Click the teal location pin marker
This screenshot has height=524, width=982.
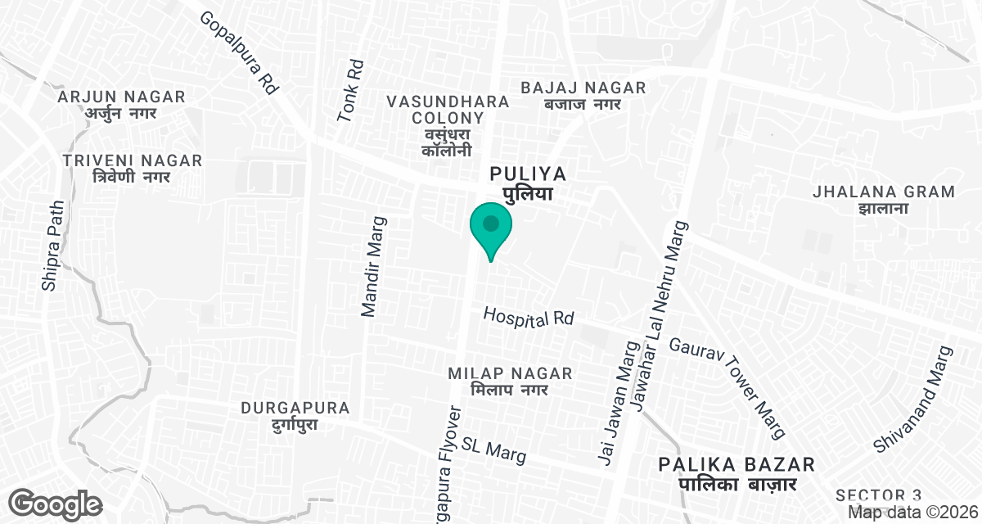(x=491, y=226)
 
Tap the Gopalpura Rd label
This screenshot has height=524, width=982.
(x=240, y=53)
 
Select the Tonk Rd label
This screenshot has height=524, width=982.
(x=350, y=91)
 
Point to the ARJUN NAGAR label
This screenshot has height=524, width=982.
(x=122, y=105)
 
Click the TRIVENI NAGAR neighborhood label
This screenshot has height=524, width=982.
(x=133, y=168)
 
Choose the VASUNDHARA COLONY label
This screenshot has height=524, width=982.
(x=448, y=125)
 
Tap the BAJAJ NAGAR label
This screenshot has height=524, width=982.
(x=583, y=95)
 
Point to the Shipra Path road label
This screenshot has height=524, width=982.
(x=52, y=246)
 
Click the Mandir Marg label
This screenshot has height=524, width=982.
(x=373, y=266)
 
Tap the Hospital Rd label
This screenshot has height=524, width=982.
(x=529, y=318)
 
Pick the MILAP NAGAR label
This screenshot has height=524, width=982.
(x=510, y=381)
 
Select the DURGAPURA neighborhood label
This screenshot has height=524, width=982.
(x=295, y=415)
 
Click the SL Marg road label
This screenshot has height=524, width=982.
(x=493, y=448)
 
